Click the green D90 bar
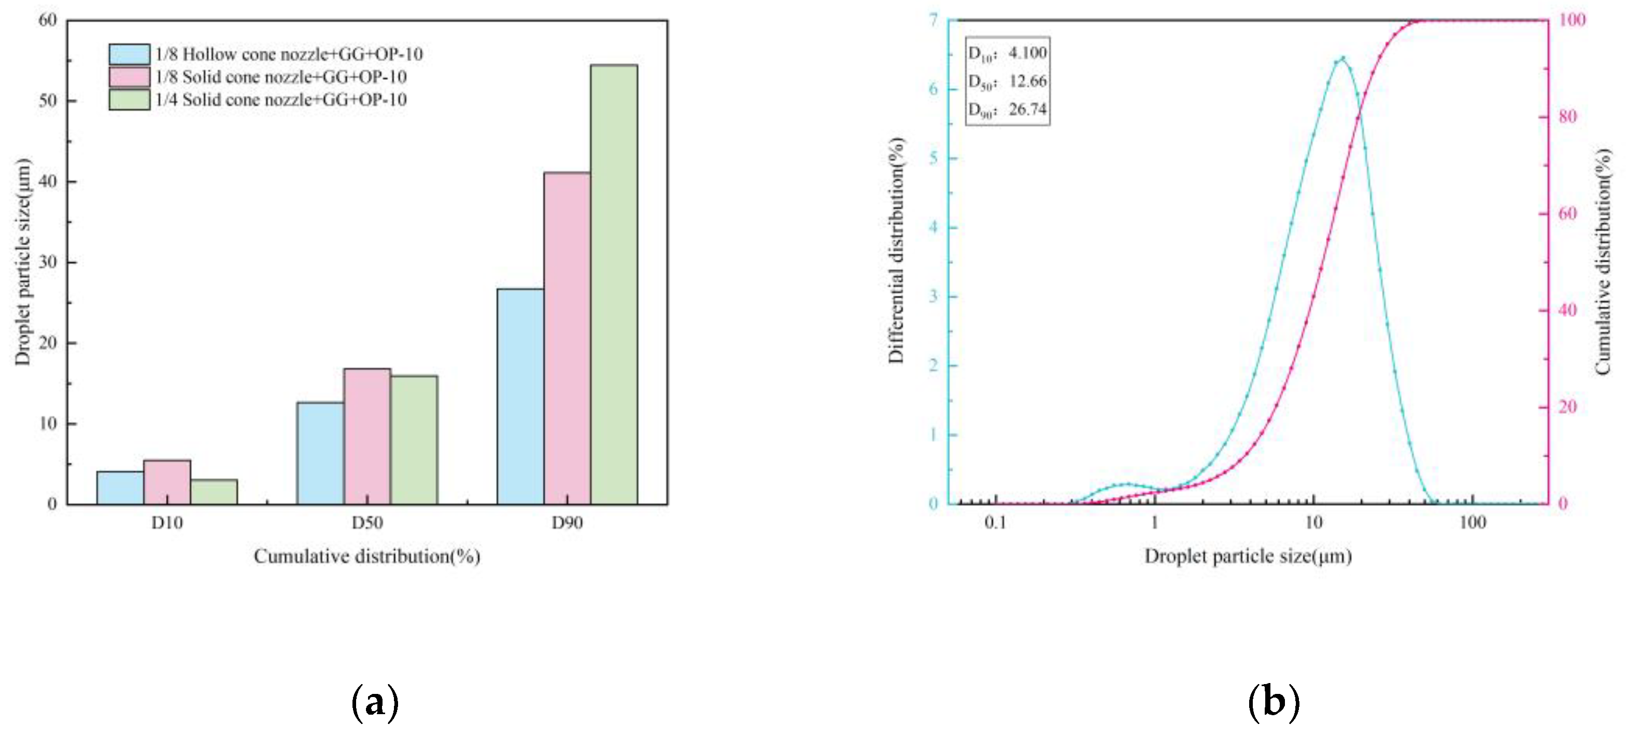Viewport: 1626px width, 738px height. tap(614, 284)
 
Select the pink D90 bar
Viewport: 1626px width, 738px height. tap(567, 338)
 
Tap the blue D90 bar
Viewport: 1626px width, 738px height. tap(520, 396)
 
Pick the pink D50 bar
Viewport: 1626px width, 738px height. tap(367, 436)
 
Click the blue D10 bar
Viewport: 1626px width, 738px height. tap(120, 488)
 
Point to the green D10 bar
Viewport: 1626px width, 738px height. tap(214, 491)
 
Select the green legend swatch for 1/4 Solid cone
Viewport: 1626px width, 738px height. tap(130, 100)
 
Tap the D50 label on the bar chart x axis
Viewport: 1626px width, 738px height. tap(367, 523)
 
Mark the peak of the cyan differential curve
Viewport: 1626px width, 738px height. tap(1342, 58)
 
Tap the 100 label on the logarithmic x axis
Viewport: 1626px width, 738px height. tap(1472, 523)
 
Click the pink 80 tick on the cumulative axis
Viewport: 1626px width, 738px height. tap(1568, 117)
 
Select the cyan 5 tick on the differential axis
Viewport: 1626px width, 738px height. tap(934, 158)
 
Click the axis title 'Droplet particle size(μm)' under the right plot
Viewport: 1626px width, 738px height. tap(1248, 556)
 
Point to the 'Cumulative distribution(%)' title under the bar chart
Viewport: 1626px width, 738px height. tap(367, 556)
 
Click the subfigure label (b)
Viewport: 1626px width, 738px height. tap(1274, 703)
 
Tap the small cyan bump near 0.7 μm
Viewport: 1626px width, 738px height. tap(1127, 484)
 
